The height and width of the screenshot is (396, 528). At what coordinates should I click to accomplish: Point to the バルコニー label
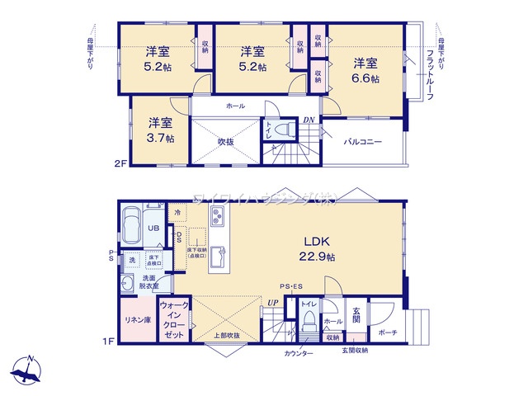(x=363, y=142)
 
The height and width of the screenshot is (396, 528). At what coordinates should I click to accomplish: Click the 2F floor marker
(x=120, y=163)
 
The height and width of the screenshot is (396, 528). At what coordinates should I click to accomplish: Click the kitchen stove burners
(x=219, y=219)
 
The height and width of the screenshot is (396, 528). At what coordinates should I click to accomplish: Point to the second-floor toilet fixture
(x=283, y=130)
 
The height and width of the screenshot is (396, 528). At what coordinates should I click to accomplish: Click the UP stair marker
(x=271, y=303)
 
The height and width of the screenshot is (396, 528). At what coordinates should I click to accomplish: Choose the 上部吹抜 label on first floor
(x=226, y=335)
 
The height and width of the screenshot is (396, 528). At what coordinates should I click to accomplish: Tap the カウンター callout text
(x=299, y=353)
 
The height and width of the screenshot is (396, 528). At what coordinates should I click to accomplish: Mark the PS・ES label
(x=290, y=286)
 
